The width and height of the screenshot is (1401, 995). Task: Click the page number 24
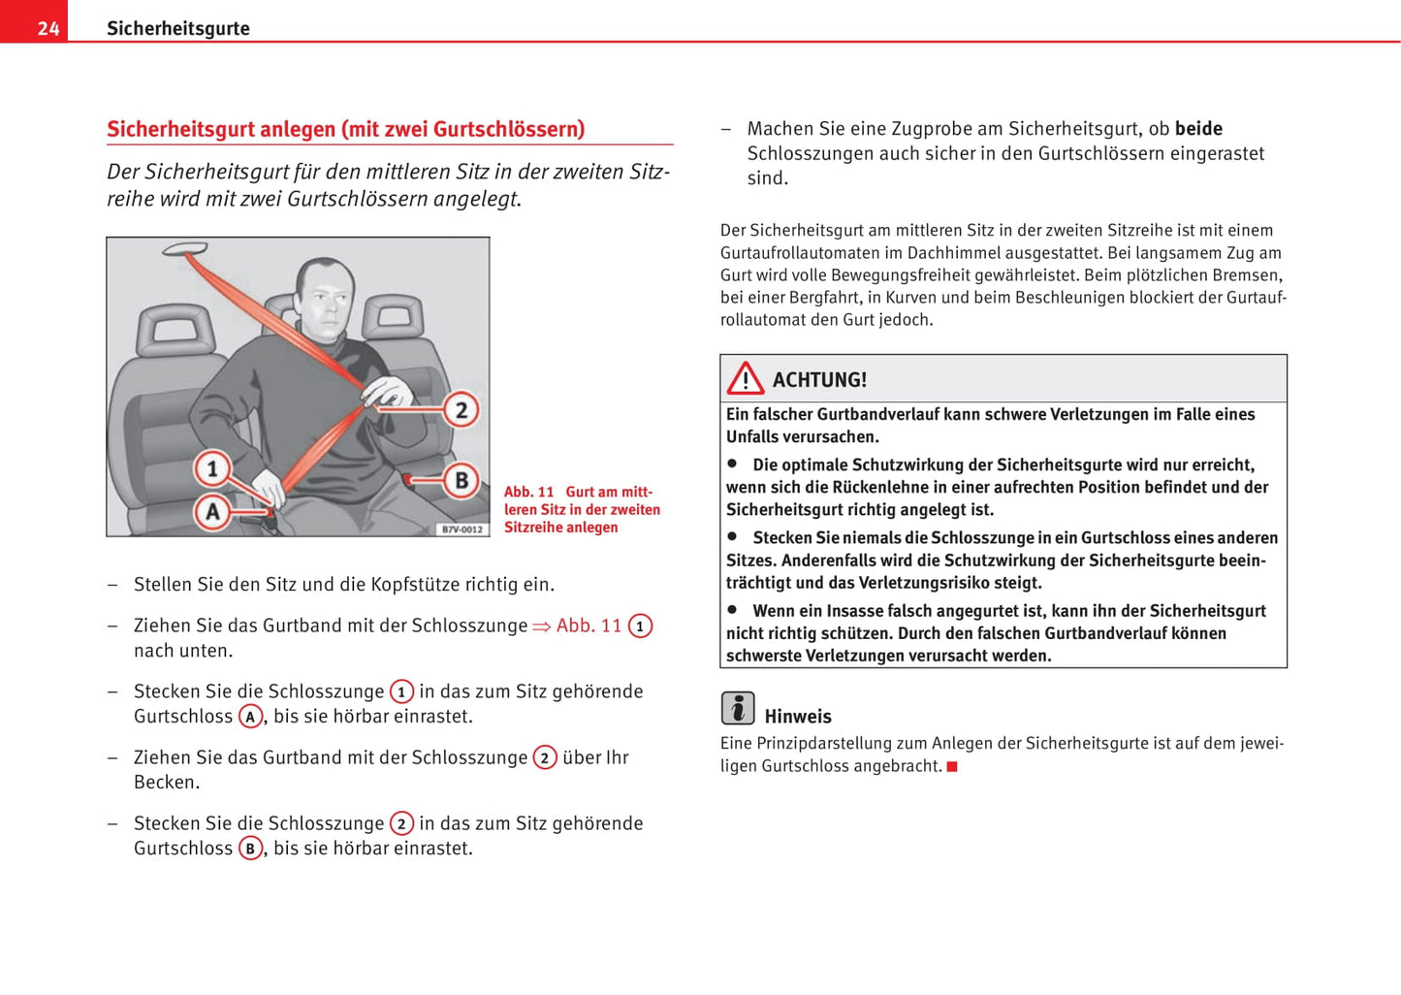[x=48, y=28]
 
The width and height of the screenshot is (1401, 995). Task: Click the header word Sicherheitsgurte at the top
[x=177, y=28]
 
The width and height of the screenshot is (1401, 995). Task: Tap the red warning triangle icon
[x=746, y=378]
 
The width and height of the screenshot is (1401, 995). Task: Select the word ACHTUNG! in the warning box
[x=819, y=380]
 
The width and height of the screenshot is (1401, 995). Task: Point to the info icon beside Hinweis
[x=738, y=708]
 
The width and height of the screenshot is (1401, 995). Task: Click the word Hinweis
[x=798, y=717]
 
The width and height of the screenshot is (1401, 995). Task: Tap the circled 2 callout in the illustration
[x=462, y=410]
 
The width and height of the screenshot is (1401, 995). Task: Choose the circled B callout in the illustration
[x=462, y=480]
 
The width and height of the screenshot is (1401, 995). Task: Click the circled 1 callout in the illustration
[x=211, y=468]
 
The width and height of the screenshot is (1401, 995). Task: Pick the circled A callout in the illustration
[x=212, y=511]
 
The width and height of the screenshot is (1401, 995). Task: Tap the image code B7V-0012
[x=462, y=530]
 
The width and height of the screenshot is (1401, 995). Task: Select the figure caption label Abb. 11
[x=528, y=492]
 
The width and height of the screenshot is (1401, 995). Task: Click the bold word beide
[x=1198, y=129]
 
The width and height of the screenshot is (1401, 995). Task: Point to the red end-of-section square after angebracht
[x=952, y=767]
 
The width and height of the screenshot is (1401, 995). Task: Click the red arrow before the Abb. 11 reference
[x=541, y=626]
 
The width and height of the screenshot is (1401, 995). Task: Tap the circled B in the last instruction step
[x=250, y=849]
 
